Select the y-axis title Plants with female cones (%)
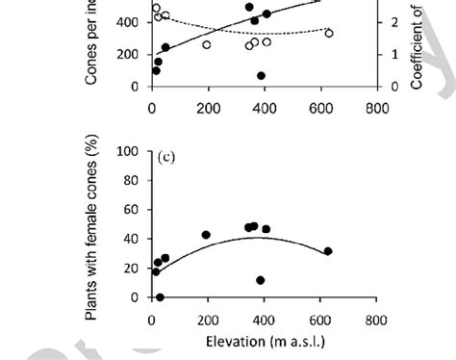(93, 231)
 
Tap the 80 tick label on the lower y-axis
(134, 180)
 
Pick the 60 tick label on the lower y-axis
(134, 210)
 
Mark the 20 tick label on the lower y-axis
(134, 269)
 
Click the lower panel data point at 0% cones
(160, 297)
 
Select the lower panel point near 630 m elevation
(328, 251)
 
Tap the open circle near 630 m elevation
(328, 33)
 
